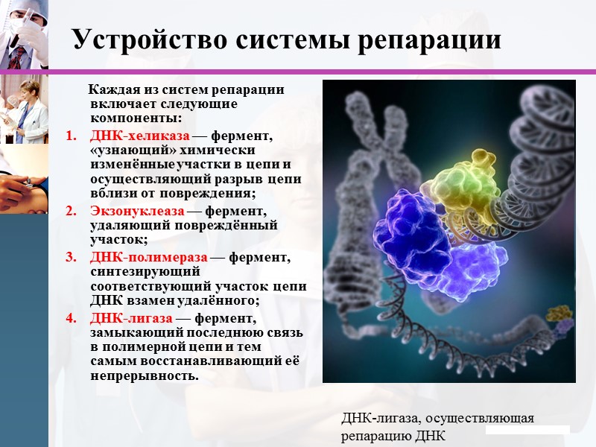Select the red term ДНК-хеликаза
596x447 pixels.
click(x=140, y=136)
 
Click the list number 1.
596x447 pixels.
click(x=72, y=136)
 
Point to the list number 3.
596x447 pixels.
click(x=72, y=258)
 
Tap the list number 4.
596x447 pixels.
click(x=72, y=318)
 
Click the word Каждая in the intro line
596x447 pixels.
click(x=113, y=90)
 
